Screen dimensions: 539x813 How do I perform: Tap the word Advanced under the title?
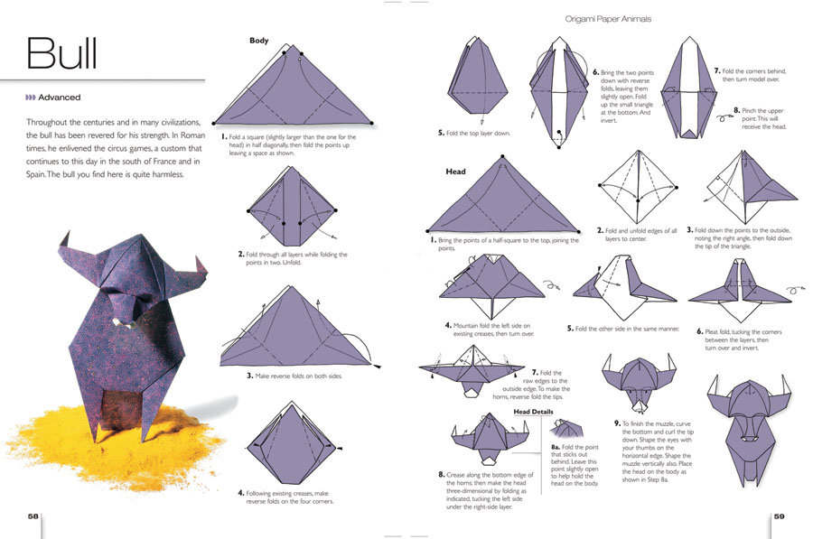pyautogui.click(x=59, y=98)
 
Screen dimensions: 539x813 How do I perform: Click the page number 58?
pyautogui.click(x=33, y=516)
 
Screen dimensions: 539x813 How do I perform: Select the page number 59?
pyautogui.click(x=780, y=516)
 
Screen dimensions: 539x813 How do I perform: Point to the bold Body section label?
pyautogui.click(x=259, y=41)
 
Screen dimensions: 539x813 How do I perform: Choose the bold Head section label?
pyautogui.click(x=456, y=171)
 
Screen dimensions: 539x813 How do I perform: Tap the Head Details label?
pyautogui.click(x=533, y=412)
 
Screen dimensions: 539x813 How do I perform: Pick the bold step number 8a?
pyautogui.click(x=556, y=447)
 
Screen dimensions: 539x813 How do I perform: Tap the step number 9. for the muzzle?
pyautogui.click(x=617, y=423)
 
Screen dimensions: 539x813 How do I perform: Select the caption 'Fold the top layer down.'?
pyautogui.click(x=478, y=133)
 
